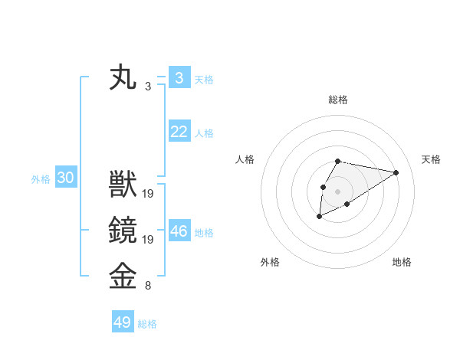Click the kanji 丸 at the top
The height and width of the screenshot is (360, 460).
coord(123,79)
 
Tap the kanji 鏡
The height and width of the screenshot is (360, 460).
coord(123,231)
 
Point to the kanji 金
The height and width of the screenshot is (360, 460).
coord(123,277)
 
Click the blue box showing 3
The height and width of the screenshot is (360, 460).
coord(179,77)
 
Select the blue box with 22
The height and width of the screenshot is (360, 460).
coord(179,132)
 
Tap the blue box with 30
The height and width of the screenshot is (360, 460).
coord(65,178)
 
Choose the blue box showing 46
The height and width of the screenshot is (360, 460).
coord(179,231)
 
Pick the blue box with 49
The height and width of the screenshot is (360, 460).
coord(123,322)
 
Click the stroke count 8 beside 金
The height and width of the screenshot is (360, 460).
coord(148,286)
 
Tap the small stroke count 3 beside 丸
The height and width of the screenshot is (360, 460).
coord(148,87)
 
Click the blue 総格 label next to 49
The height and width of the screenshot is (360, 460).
coord(147,324)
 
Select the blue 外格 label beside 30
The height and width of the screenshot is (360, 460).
coord(41,179)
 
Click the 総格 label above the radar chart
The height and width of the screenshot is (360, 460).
coord(338,100)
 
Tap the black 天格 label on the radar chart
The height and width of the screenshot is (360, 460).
coord(432,159)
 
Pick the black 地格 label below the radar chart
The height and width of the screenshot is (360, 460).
coord(402,262)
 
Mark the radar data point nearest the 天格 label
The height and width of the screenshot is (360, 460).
coord(396,172)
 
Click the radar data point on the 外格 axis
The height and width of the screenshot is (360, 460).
coord(319,217)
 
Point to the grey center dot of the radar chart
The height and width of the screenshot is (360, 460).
coord(338,191)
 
